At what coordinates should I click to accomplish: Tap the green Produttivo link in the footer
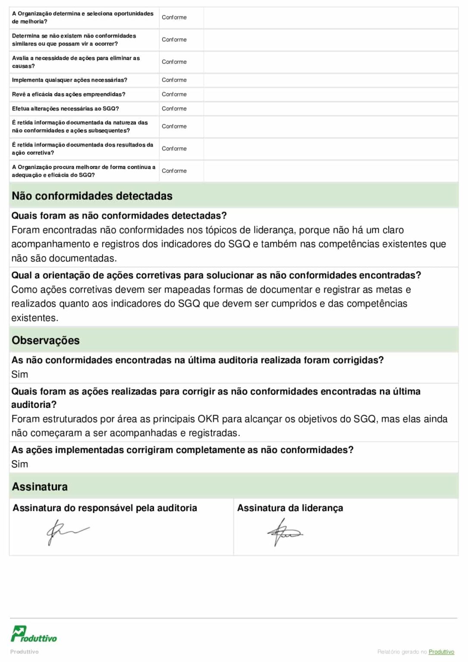point(441,652)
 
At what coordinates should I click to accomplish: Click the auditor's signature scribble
point(67,531)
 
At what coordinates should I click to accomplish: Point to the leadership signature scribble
point(284,532)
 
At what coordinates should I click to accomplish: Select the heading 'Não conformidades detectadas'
point(92,196)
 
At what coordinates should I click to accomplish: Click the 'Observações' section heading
point(46,340)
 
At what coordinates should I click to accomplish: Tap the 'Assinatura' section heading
point(40,487)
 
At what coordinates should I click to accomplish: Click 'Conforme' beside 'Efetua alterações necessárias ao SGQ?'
point(174,109)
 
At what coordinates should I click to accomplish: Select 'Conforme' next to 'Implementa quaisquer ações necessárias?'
point(174,80)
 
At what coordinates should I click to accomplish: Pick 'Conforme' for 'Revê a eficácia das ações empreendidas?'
point(174,94)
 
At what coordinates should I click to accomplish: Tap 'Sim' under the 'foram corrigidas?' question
point(20,375)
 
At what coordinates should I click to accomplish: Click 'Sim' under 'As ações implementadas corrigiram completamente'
point(20,464)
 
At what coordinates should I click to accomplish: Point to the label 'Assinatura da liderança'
point(290,508)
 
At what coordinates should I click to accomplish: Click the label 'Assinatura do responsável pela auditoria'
point(105,508)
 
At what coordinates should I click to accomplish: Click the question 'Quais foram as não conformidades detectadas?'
point(119,215)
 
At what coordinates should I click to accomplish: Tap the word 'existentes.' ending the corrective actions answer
point(35,318)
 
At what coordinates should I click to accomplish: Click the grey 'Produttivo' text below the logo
point(25,652)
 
